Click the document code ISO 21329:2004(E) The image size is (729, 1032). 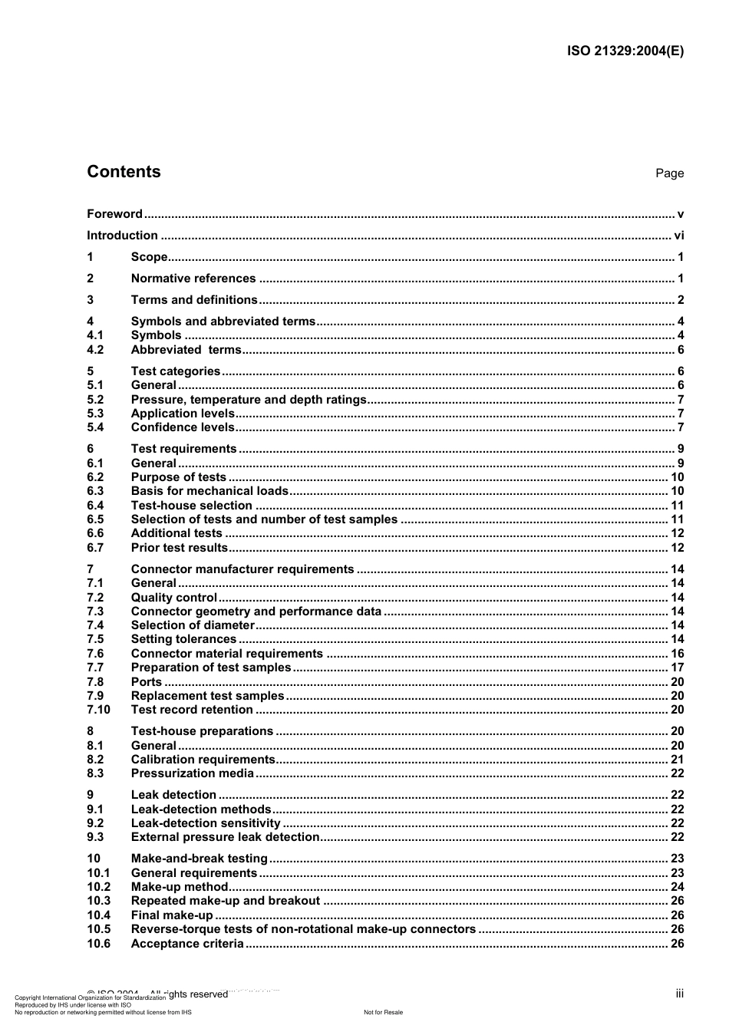[x=625, y=51]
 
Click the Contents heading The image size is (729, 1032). [x=124, y=172]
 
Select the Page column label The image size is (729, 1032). [x=669, y=173]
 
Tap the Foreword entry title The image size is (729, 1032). [x=114, y=214]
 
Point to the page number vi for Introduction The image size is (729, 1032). [x=678, y=236]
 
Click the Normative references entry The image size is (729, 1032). [x=193, y=279]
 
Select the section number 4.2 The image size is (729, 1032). [x=95, y=350]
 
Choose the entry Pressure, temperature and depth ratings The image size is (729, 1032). [x=249, y=400]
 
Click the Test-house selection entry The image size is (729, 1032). [x=191, y=506]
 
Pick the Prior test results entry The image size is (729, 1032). [x=179, y=548]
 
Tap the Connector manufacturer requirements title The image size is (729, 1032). [x=242, y=569]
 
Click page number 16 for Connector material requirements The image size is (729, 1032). [x=677, y=654]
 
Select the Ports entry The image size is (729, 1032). [x=146, y=682]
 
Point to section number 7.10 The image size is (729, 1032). [x=98, y=710]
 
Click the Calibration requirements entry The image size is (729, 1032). [x=203, y=760]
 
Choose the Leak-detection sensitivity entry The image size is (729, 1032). [x=206, y=823]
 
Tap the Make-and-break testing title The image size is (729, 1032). [x=199, y=859]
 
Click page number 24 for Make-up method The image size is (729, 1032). [x=677, y=887]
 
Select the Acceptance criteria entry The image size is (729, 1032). [x=186, y=944]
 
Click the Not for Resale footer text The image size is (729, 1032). [x=383, y=1012]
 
